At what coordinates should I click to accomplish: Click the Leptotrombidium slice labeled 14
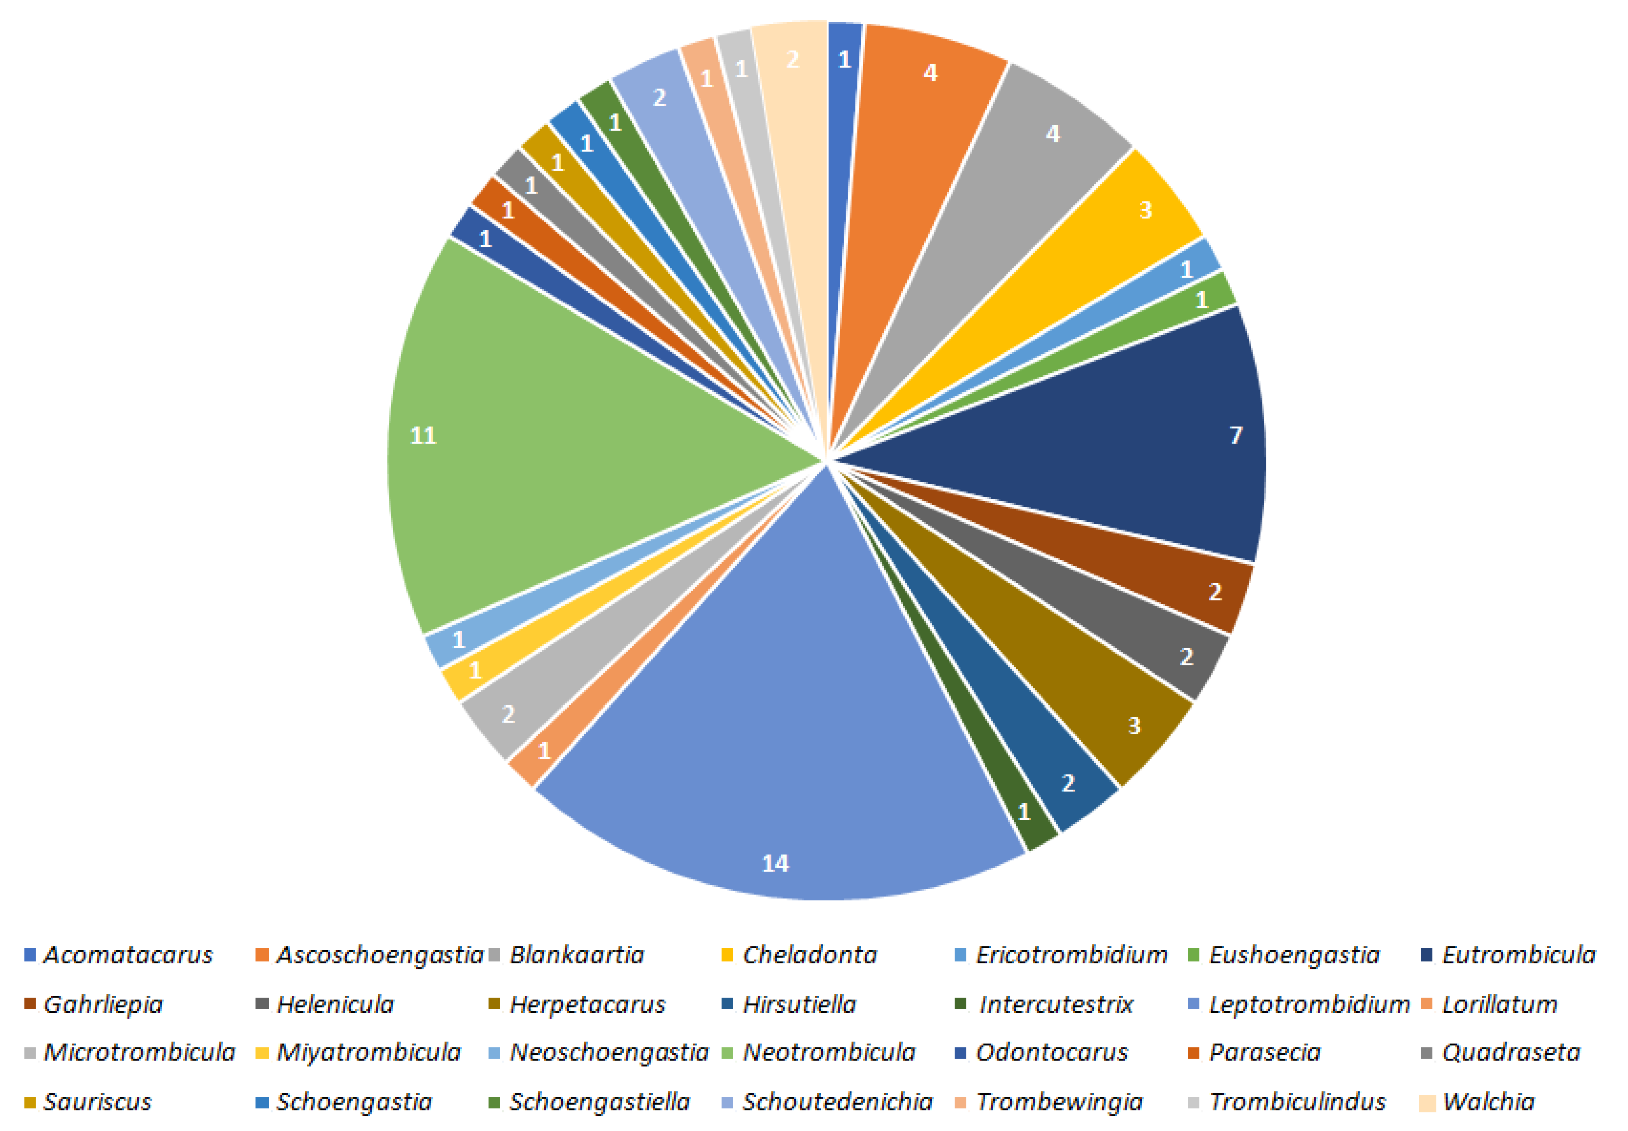pyautogui.click(x=780, y=709)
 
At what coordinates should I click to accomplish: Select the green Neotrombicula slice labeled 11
pyautogui.click(x=567, y=439)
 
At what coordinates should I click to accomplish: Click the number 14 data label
pyautogui.click(x=775, y=863)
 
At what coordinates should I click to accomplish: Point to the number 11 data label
pyautogui.click(x=423, y=435)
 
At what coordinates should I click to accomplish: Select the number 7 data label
pyautogui.click(x=1236, y=434)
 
